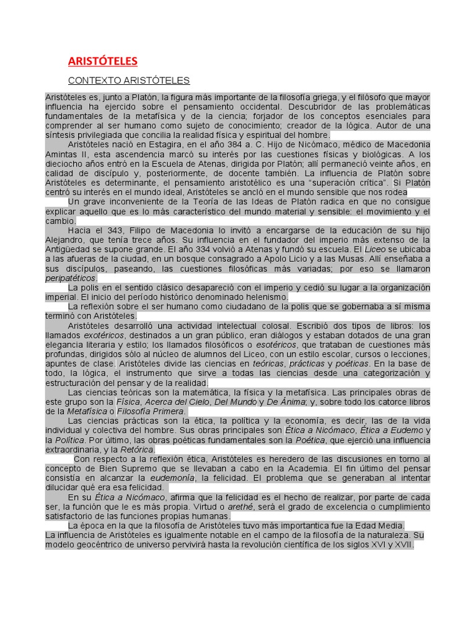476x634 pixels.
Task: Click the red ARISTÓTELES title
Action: click(102, 61)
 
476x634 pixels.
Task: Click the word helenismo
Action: click(261, 297)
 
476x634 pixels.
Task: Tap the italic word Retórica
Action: click(136, 449)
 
